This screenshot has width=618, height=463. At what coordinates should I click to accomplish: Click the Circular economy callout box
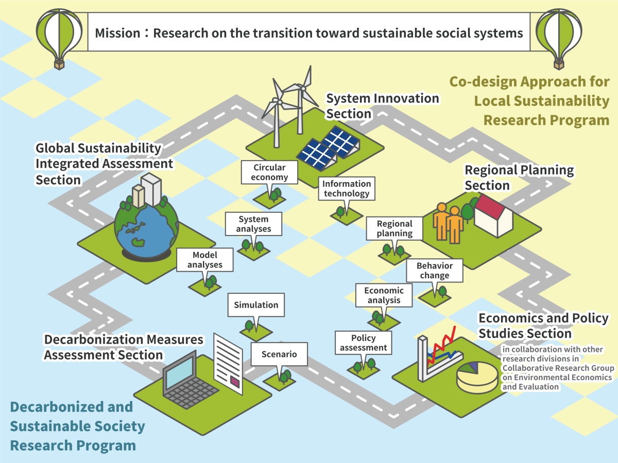269,172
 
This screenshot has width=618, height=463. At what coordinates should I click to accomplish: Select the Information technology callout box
347,188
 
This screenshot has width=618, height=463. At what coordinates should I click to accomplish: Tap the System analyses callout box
253,224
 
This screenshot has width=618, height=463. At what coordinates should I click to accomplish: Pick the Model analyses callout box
204,259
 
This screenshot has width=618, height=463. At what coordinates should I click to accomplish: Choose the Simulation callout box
256,305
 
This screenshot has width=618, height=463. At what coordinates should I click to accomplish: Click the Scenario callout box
279,354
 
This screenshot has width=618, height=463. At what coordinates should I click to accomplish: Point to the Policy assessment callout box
363,343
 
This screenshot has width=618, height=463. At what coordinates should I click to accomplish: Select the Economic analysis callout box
384,295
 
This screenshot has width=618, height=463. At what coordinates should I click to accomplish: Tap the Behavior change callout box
435,271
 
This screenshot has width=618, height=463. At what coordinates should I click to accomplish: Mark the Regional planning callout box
394,228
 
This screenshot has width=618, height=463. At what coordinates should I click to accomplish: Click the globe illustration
146,229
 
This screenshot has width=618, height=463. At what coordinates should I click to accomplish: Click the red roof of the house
489,205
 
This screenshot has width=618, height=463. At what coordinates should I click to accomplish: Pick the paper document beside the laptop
228,364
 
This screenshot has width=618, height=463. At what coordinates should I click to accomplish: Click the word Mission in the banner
117,33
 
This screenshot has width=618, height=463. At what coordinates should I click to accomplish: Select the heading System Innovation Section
382,106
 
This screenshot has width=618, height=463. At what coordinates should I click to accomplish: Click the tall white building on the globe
151,189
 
